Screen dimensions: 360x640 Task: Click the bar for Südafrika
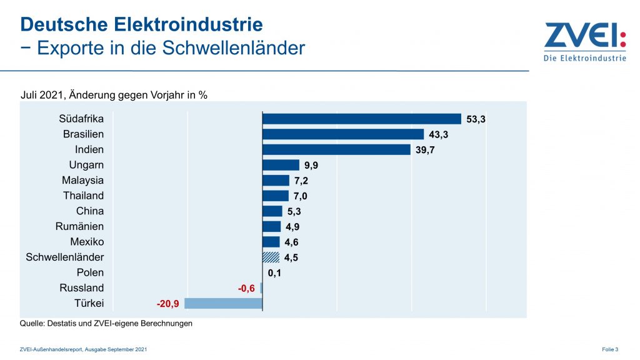[x=362, y=119]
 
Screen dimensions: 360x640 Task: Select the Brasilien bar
[x=343, y=134]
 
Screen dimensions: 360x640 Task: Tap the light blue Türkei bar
[x=223, y=304]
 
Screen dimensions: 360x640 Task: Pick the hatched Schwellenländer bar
[x=271, y=257]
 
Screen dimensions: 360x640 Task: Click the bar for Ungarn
[x=281, y=165]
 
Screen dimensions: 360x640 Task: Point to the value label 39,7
[x=425, y=150]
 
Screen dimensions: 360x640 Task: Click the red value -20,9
[x=169, y=304]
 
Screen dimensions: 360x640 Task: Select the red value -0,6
[x=246, y=288]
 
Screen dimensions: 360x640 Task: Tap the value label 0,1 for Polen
[x=274, y=272]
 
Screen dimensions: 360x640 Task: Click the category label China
[x=90, y=211]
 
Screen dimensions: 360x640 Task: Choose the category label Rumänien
[x=79, y=226]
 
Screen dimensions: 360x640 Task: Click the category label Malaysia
[x=82, y=181]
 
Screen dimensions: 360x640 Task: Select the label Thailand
[x=83, y=196]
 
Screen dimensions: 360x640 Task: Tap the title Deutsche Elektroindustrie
[x=141, y=25]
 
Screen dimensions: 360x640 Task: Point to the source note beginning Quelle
[x=106, y=323]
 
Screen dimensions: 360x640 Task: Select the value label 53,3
[x=476, y=119]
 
